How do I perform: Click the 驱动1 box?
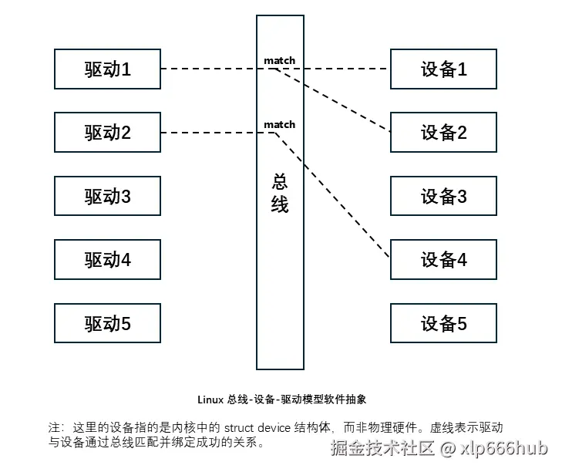tap(107, 69)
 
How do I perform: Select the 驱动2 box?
tap(107, 133)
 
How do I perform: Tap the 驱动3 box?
tap(107, 196)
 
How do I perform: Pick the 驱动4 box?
tap(107, 259)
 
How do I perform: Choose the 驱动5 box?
tap(107, 322)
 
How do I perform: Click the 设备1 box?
tap(444, 69)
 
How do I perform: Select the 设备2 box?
tap(444, 133)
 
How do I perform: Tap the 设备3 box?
tap(444, 196)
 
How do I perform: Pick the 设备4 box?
tap(444, 259)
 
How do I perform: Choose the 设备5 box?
tap(444, 322)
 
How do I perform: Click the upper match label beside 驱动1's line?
tap(279, 60)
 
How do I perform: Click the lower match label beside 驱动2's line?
tap(279, 124)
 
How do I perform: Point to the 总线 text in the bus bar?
tap(280, 193)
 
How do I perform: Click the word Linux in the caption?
tap(212, 400)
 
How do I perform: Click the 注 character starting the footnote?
tap(53, 427)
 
